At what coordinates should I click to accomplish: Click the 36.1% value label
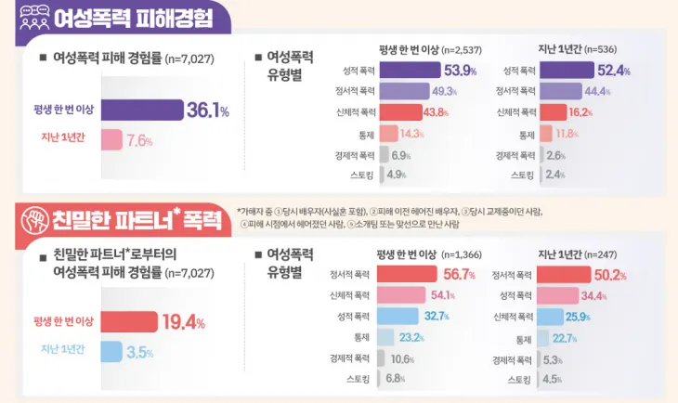click(x=207, y=110)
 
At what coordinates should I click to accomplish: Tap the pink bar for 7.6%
click(x=111, y=140)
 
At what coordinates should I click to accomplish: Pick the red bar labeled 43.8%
click(x=399, y=112)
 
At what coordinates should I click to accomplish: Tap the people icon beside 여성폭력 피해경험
click(x=34, y=17)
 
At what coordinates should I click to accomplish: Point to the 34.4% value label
click(x=594, y=296)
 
